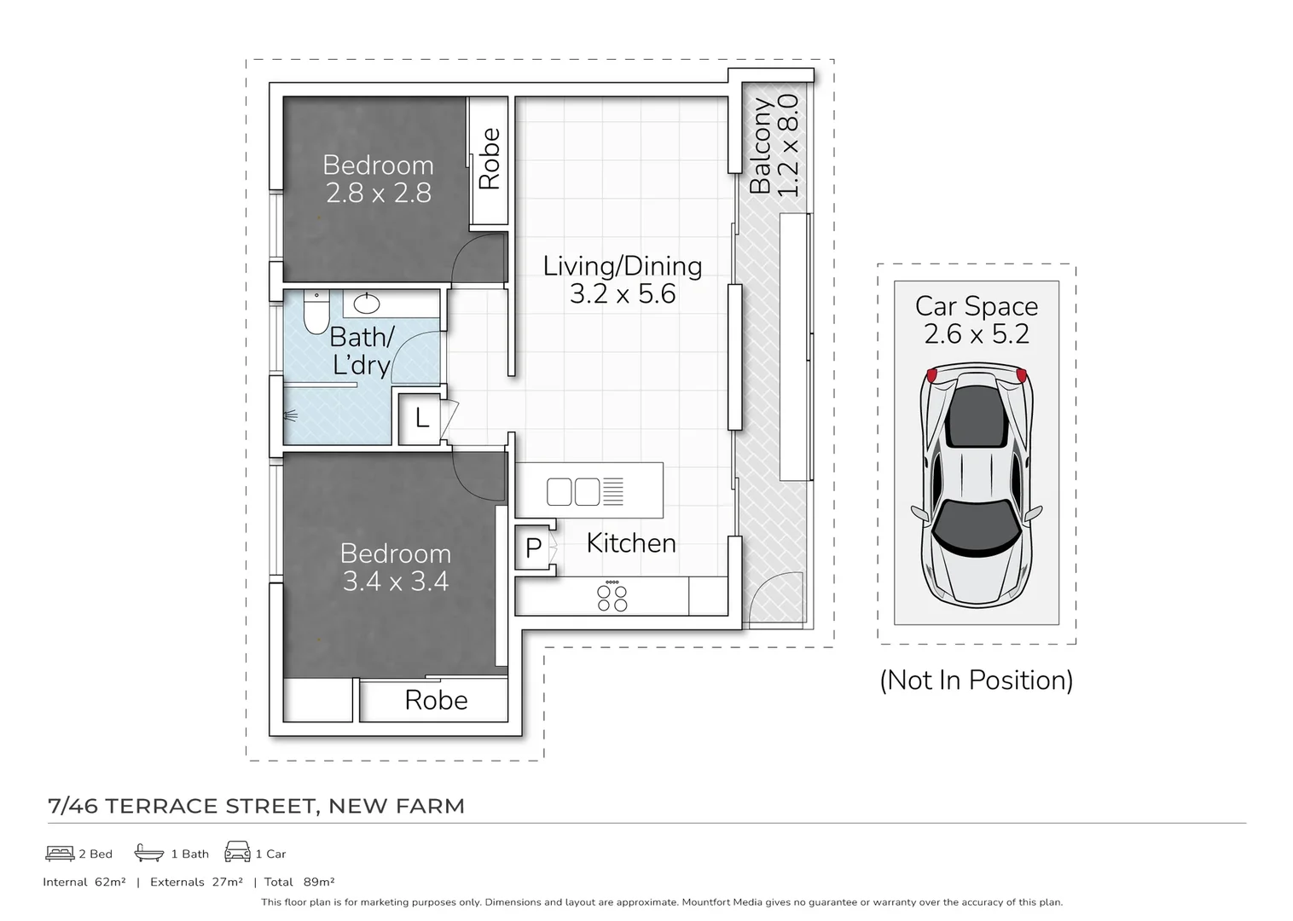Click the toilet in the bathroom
pos(316,313)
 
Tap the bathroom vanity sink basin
pos(368,303)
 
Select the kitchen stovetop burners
pos(612,597)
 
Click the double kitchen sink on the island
pos(573,492)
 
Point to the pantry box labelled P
pos(534,548)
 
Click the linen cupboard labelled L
pos(420,419)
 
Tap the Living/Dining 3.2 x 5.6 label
pos(623,280)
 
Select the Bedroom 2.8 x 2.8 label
pos(378,179)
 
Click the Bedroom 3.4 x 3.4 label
pos(395,567)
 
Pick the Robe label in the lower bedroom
pos(436,700)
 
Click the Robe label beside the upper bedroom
pos(490,159)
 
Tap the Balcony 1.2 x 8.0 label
pos(774,145)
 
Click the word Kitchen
pos(630,543)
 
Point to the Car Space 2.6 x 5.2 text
pos(977,320)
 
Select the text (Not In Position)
pos(976,681)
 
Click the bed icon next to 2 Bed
pos(60,853)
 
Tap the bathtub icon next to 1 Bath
pos(149,853)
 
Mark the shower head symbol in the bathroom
pos(291,417)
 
